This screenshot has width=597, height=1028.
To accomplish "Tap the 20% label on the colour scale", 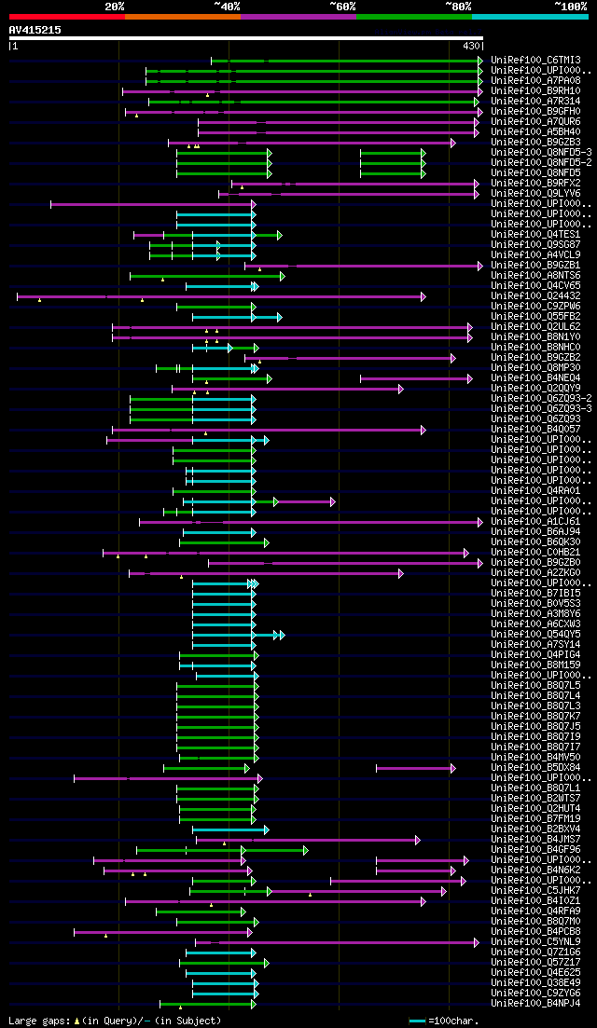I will (x=115, y=7).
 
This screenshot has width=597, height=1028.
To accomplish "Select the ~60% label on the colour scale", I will (x=341, y=7).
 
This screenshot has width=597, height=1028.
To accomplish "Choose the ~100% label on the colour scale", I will (x=570, y=7).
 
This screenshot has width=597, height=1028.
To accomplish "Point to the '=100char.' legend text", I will (x=451, y=1021).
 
